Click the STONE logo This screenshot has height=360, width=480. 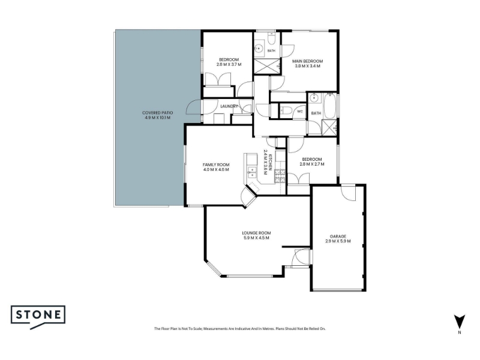[x=38, y=316]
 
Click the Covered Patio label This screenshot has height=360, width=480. [x=157, y=115]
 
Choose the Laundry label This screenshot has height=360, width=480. [x=229, y=106]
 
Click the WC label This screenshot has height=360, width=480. [x=299, y=112]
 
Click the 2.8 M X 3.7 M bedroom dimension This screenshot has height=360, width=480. [x=229, y=65]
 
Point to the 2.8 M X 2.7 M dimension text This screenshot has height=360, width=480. [x=311, y=164]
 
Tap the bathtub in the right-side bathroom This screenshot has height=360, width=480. [x=330, y=106]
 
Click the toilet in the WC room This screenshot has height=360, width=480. [x=286, y=110]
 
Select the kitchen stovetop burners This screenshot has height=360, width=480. [x=280, y=176]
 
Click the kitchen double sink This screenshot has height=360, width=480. [x=251, y=172]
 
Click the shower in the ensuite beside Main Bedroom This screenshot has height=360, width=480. [x=267, y=66]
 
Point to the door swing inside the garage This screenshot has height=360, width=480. [x=348, y=193]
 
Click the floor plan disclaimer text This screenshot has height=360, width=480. [x=239, y=329]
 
